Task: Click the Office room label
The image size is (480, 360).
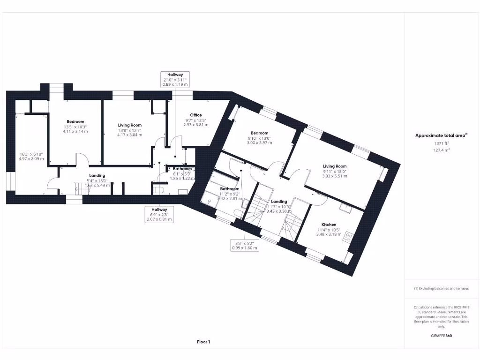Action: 196,115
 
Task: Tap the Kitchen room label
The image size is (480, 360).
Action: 329,225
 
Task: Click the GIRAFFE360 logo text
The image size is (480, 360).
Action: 442,336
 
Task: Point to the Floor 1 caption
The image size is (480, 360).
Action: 203,342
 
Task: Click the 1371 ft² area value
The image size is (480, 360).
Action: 441,143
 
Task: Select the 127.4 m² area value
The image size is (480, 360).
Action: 441,150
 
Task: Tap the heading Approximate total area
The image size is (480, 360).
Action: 441,135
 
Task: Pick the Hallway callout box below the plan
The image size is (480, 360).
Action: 159,214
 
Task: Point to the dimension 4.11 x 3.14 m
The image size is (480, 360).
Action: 75,131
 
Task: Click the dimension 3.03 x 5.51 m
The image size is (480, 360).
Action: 335,176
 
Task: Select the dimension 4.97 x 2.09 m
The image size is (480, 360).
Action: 31,159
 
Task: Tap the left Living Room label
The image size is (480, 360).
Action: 129,125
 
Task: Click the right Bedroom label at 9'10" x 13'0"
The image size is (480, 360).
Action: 259,133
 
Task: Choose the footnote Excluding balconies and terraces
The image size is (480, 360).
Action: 441,288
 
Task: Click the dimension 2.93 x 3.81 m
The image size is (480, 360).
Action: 195,125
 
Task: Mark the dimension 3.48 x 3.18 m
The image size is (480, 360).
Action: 329,234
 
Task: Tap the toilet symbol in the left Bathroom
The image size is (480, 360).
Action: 158,189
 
